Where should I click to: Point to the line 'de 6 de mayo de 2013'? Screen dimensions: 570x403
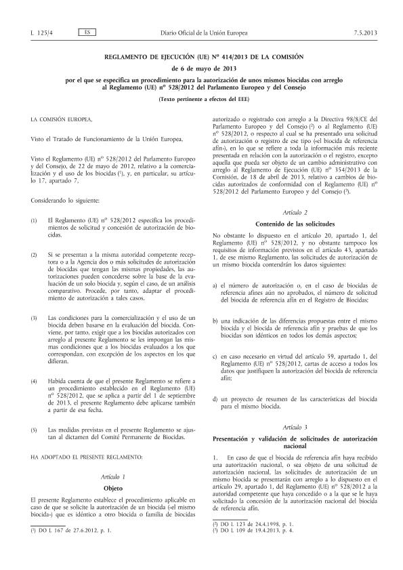pos(201,68)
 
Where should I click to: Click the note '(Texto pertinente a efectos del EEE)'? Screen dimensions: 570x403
pos(201,100)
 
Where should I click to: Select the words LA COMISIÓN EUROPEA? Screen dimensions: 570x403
pos(63,119)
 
